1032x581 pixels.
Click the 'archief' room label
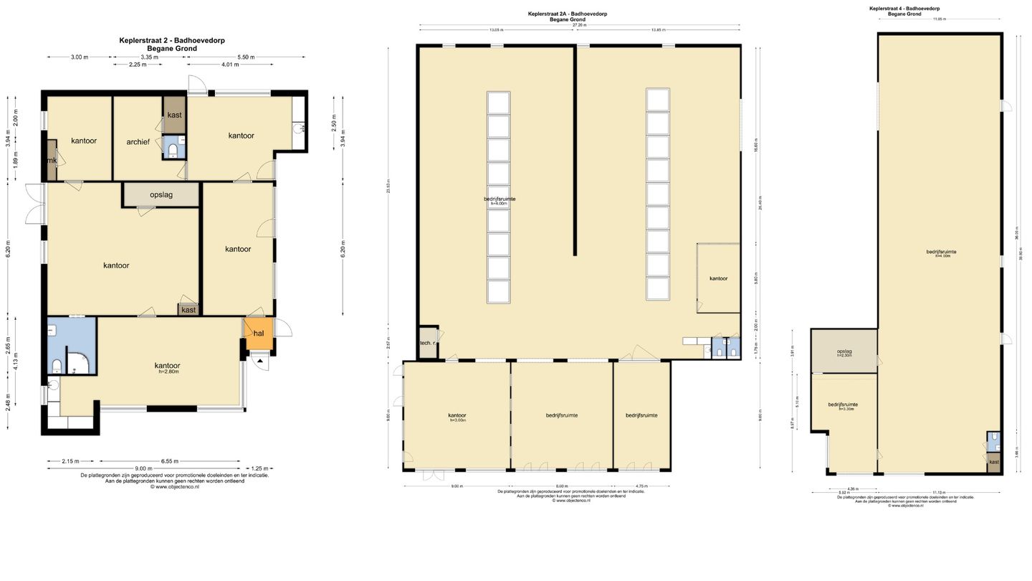coord(138,142)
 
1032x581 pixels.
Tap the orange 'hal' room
coord(259,333)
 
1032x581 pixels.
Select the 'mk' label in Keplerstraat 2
coord(52,161)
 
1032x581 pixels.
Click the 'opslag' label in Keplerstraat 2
coord(161,194)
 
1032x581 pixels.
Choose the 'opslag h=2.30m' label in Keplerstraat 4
coord(844,353)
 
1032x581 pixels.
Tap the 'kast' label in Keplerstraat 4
coord(993,462)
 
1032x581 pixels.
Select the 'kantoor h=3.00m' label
coord(457,417)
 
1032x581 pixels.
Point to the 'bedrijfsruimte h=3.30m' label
coord(843,406)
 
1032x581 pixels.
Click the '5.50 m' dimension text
coord(246,57)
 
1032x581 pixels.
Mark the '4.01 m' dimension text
coord(229,65)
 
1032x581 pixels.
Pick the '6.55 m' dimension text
coord(169,461)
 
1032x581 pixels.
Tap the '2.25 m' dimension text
coord(137,65)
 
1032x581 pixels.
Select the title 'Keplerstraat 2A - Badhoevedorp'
coord(568,14)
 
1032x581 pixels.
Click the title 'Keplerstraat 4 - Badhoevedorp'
coord(904,9)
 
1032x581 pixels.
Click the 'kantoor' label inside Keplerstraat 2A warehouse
coord(719,278)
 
